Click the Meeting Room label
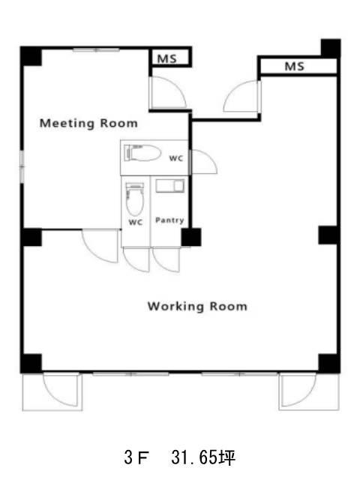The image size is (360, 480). (88, 123)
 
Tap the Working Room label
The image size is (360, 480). (197, 307)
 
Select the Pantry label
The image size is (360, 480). (169, 220)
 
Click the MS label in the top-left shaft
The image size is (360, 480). (167, 58)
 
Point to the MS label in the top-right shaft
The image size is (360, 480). (295, 66)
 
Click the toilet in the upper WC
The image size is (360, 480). (142, 153)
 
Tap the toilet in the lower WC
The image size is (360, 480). (135, 199)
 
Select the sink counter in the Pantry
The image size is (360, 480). (170, 186)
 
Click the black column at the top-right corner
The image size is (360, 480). (331, 48)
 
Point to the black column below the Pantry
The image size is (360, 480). (191, 237)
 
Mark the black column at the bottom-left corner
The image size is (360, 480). (31, 363)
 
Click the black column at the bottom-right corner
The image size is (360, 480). (329, 363)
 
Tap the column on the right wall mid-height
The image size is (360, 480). (328, 235)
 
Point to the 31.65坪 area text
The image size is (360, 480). (203, 458)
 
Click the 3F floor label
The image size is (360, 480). (136, 458)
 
